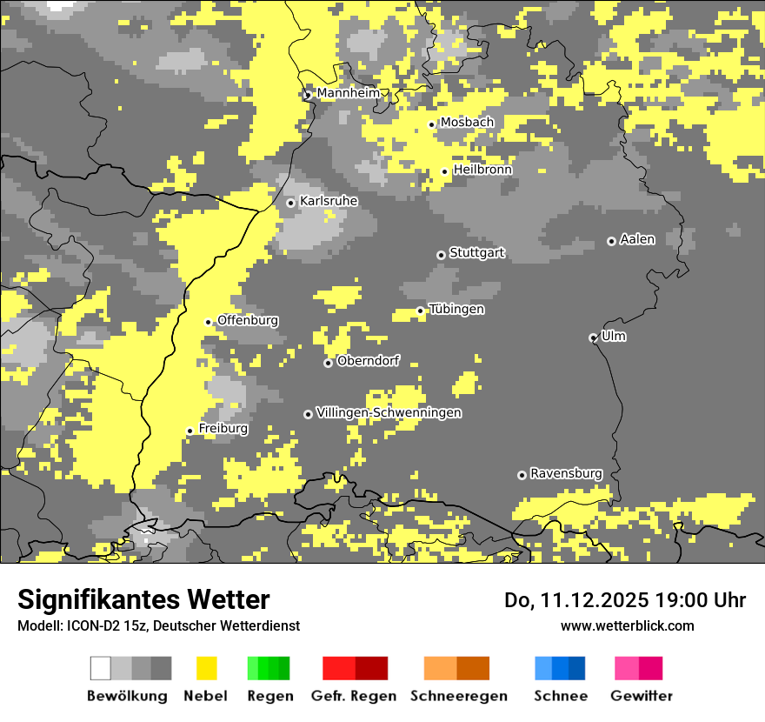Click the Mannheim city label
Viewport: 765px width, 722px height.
pyautogui.click(x=348, y=93)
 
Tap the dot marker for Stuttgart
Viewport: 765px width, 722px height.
pyautogui.click(x=441, y=255)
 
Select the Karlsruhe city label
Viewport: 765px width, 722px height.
pyautogui.click(x=329, y=201)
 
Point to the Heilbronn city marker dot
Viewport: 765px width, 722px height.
pyautogui.click(x=444, y=171)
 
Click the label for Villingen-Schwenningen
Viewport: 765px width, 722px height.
pyautogui.click(x=389, y=412)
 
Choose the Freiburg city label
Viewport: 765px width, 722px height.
pyautogui.click(x=223, y=429)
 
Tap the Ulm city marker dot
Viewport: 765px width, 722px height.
pyautogui.click(x=593, y=338)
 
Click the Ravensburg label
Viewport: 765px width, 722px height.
pyautogui.click(x=566, y=473)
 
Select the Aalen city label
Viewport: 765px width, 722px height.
pyautogui.click(x=637, y=239)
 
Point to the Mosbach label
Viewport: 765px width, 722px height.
pyautogui.click(x=467, y=123)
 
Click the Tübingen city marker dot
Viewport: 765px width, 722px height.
pyautogui.click(x=420, y=311)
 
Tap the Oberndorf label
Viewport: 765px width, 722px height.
pyautogui.click(x=368, y=361)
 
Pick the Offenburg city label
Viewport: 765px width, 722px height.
pyautogui.click(x=248, y=320)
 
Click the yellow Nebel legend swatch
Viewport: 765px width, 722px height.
pyautogui.click(x=206, y=668)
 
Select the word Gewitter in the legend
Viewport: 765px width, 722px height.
pyautogui.click(x=642, y=696)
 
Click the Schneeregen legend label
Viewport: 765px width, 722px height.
pyautogui.click(x=459, y=696)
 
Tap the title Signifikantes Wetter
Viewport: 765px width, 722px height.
pyautogui.click(x=143, y=600)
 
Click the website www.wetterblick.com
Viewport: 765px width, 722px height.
pyautogui.click(x=627, y=625)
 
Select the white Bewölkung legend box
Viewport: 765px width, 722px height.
pyautogui.click(x=101, y=668)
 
